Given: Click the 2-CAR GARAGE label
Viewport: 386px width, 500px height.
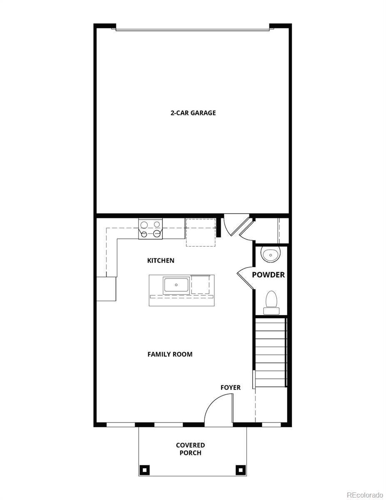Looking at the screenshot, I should click(x=193, y=113).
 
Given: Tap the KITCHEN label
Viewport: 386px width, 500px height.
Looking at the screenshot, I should click(x=161, y=261).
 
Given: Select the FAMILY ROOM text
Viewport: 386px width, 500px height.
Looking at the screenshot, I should click(x=170, y=355).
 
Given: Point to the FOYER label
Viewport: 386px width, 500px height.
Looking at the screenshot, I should click(x=230, y=388).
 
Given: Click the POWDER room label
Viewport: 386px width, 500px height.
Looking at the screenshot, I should click(x=268, y=275).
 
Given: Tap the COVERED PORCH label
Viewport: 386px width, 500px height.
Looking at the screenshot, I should click(x=190, y=449).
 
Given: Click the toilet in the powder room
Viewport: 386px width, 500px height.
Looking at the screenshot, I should click(x=271, y=301).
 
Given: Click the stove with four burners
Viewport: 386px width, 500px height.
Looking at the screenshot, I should click(x=150, y=229).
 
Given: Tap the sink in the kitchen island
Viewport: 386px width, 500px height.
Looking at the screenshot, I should click(x=177, y=285).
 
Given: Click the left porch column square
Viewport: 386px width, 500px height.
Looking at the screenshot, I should click(x=144, y=470).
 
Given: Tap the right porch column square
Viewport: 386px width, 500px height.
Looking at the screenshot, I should click(x=240, y=470).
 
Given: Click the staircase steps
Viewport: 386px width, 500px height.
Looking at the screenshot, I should click(x=270, y=352).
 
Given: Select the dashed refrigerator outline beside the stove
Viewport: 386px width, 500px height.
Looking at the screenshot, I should click(x=201, y=232).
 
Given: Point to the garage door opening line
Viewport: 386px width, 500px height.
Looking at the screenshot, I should click(x=193, y=30).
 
